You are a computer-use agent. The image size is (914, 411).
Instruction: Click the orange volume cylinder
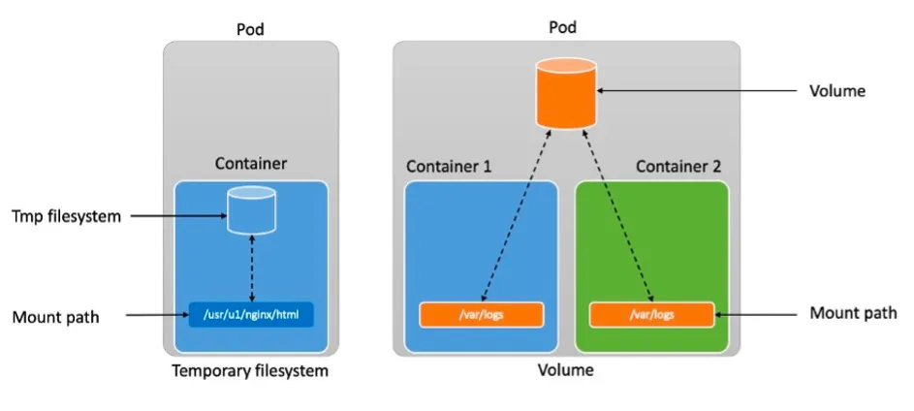[566, 93]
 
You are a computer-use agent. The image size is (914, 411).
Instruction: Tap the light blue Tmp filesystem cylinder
[252, 210]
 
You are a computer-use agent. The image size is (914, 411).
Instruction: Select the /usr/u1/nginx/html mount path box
[252, 315]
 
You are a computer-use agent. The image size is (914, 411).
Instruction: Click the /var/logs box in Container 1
[481, 315]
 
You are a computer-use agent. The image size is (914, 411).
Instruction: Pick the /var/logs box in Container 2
[651, 315]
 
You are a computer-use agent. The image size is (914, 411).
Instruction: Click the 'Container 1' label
[449, 166]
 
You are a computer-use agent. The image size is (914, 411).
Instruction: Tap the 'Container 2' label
[678, 166]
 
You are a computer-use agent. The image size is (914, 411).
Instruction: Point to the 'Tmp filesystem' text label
[67, 216]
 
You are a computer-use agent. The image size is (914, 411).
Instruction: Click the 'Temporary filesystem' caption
[250, 371]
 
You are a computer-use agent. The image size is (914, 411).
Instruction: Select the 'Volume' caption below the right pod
[567, 370]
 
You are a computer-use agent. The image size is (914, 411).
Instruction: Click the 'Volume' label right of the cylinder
[836, 91]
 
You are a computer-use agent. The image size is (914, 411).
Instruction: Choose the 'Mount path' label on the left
[56, 316]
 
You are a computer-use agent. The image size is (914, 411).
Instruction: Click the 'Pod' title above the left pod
[251, 30]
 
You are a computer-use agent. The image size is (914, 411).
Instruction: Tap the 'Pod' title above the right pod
[562, 27]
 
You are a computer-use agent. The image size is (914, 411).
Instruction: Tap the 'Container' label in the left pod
[251, 164]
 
